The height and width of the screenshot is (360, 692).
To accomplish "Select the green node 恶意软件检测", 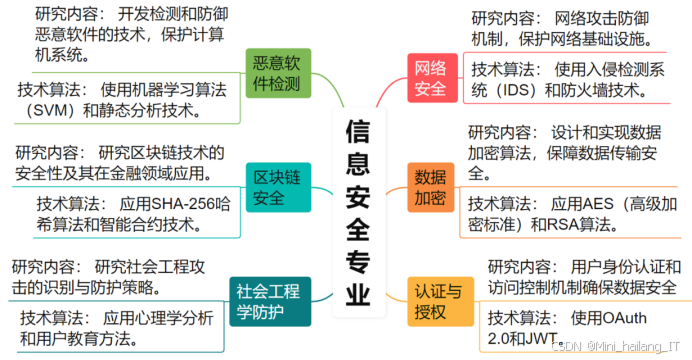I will point(278,72).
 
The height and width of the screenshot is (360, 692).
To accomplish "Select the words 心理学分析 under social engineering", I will point(164,319).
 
